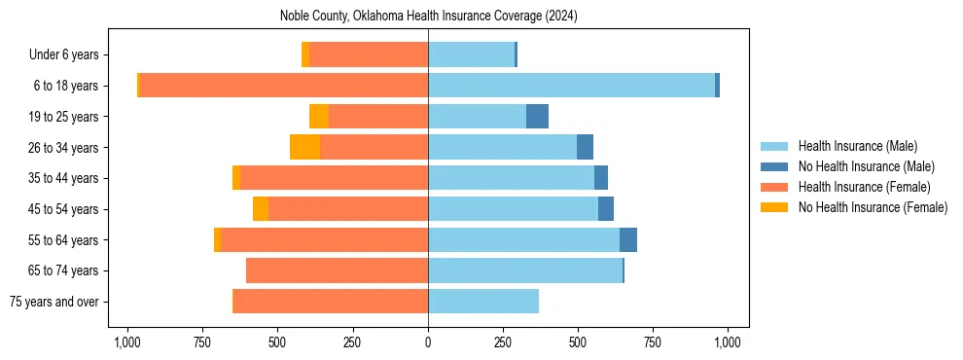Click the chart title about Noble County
(428, 17)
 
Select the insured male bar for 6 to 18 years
(571, 86)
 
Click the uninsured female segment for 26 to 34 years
(304, 147)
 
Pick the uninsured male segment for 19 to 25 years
(537, 117)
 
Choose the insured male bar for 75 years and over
(483, 302)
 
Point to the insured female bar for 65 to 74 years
(338, 270)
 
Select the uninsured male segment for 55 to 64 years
(628, 239)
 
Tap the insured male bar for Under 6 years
(471, 54)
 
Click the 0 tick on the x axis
(428, 342)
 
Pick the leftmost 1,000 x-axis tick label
(126, 342)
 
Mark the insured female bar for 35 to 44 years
(334, 178)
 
